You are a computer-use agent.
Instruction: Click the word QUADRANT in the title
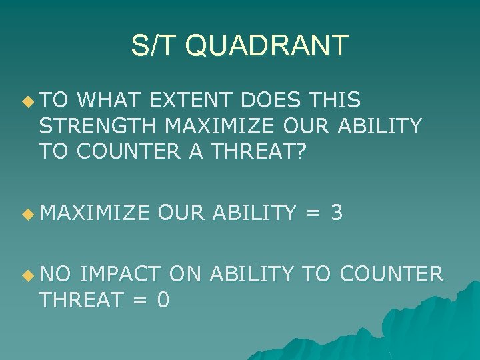[x=267, y=45]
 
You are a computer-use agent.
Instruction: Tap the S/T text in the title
[x=156, y=45]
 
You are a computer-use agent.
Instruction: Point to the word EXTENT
[x=195, y=101]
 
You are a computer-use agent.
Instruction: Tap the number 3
[x=337, y=213]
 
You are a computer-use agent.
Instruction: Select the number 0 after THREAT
[x=163, y=301]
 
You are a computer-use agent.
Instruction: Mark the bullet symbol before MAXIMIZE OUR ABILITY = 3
[x=27, y=214]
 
